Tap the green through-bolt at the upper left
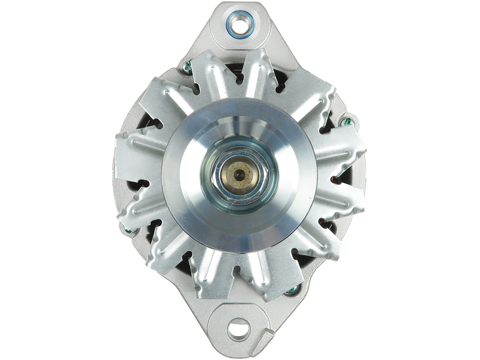click(187, 68)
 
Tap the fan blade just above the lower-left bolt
click(141, 207)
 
